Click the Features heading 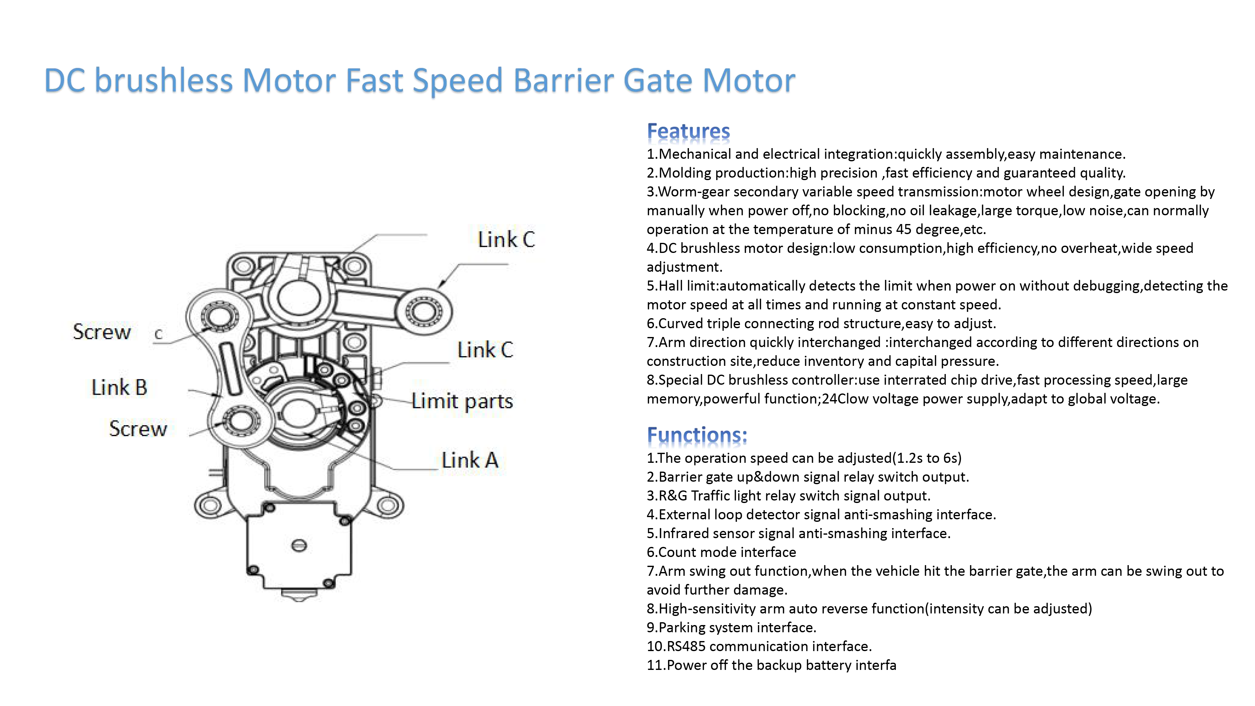(688, 131)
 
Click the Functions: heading (697, 435)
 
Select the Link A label (470, 460)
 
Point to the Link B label (119, 387)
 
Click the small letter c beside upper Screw (158, 334)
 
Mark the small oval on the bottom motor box (299, 545)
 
